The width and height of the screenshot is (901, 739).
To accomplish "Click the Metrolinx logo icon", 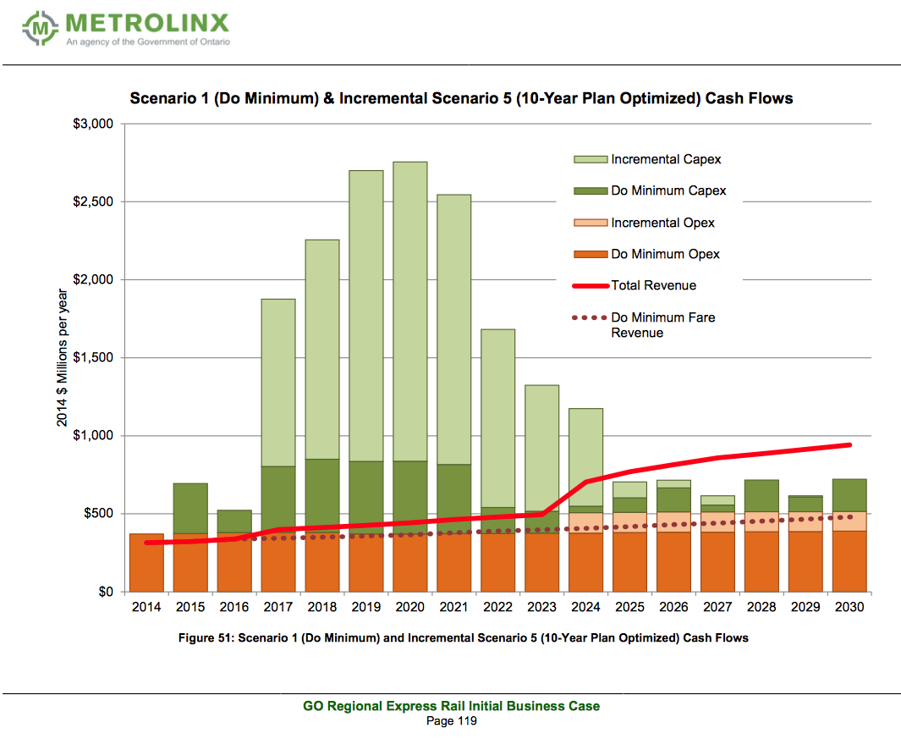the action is pos(40,28).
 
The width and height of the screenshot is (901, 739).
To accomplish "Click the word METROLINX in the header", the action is pos(147,23).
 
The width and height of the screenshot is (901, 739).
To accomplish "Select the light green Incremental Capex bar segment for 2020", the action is pos(409,312).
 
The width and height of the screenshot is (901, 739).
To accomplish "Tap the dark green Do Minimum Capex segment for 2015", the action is pos(190,509).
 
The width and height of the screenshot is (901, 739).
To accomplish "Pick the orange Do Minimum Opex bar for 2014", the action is pos(146,562).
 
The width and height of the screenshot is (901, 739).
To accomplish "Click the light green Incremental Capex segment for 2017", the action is pos(278,383).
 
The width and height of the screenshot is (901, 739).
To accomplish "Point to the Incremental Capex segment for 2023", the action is pos(541,448).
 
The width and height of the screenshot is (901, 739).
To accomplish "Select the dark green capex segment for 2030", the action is pos(849,495).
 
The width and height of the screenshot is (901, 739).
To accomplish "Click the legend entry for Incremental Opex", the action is pos(644,223).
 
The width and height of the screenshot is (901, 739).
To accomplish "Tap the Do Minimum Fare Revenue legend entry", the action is pos(644,325).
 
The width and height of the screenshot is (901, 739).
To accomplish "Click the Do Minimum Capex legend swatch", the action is pos(591,191).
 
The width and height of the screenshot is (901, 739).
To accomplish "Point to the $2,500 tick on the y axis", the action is pos(93,201).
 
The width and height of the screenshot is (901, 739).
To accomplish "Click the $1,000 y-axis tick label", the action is pos(93,435).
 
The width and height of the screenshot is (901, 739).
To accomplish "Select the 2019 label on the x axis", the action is pos(366,607).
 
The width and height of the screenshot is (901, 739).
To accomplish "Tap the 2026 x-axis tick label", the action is pos(673,607).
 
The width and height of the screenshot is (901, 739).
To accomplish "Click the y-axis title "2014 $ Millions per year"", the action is pos(62,358).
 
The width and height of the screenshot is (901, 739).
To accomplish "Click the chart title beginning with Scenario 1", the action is pos(461,98).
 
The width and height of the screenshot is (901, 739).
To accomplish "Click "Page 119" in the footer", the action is pos(452,721).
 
